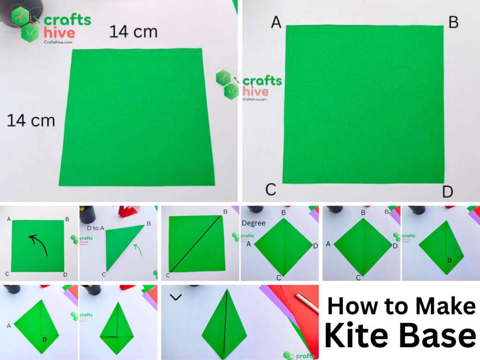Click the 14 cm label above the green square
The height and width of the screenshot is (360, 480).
[133, 32]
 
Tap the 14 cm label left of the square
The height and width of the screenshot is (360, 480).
[30, 120]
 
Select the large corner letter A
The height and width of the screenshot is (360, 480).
[276, 22]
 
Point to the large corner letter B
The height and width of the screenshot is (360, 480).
[453, 22]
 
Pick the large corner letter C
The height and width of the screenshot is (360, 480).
[270, 190]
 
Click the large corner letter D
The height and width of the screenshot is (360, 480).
[448, 192]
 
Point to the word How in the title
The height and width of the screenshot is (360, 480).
[349, 306]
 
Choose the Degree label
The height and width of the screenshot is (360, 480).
[254, 223]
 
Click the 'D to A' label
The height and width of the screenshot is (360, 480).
[95, 228]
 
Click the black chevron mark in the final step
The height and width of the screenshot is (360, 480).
[176, 297]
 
